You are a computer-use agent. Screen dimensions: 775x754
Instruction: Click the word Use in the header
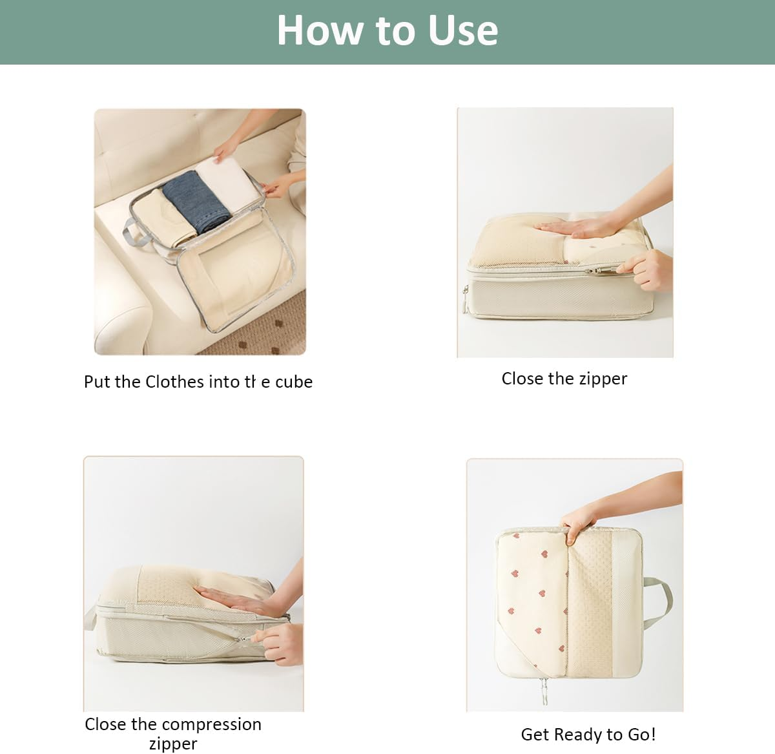pos(463,30)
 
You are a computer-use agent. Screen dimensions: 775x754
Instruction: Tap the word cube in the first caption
pos(294,382)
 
